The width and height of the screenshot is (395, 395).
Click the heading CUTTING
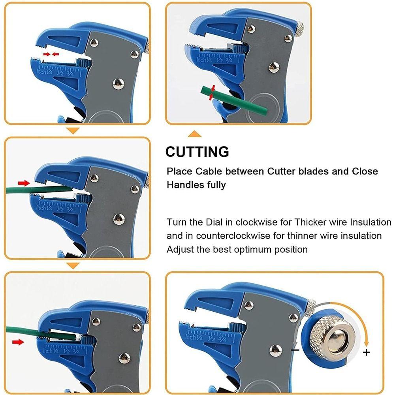pos(197,152)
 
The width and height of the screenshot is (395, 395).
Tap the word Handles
pos(184,184)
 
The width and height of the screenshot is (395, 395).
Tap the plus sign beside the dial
pos(367,352)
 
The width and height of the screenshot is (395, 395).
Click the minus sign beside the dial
pos(295,350)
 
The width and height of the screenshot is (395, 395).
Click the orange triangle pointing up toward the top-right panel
pos(194,134)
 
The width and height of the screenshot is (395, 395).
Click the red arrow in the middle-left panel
pos(24,183)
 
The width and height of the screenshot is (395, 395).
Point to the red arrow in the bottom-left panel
pos(18,342)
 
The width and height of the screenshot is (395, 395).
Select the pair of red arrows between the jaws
pos(51,54)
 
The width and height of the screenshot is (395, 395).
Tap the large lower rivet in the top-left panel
pos(118,83)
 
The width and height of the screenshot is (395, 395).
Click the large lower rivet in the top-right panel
pos(274,67)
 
